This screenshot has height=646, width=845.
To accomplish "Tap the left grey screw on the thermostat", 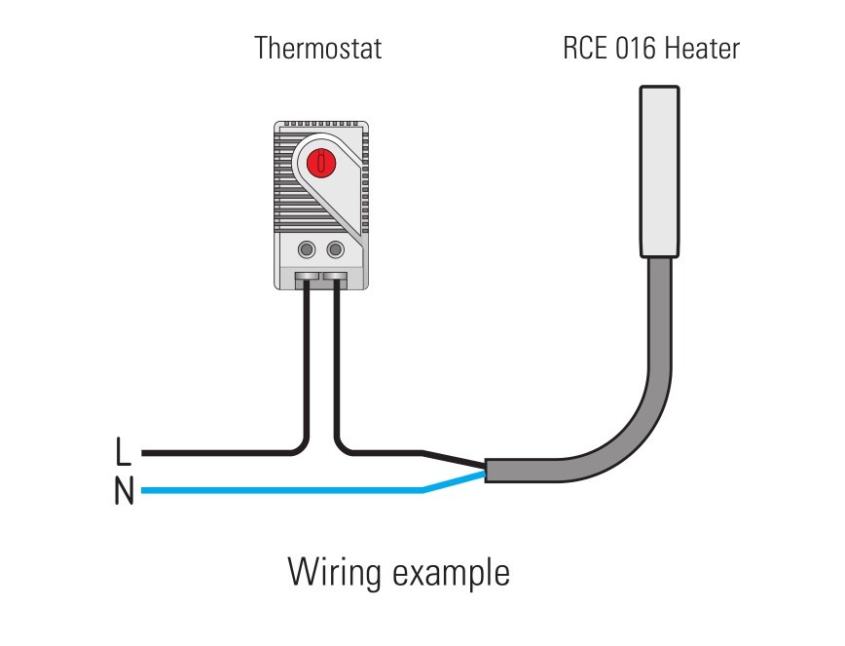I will pos(308,249).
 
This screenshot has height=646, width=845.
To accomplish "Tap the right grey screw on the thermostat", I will pos(336,249).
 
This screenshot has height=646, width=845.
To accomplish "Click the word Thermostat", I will pos(317,48).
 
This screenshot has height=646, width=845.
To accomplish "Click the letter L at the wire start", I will pos(122,452).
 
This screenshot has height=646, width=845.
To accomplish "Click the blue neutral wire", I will pos(282,489).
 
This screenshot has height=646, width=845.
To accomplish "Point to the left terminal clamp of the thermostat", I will pos(307,281).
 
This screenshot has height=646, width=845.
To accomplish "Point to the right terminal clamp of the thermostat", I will pos(336,281).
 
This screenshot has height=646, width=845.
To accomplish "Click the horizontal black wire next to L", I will pos(214,453).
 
